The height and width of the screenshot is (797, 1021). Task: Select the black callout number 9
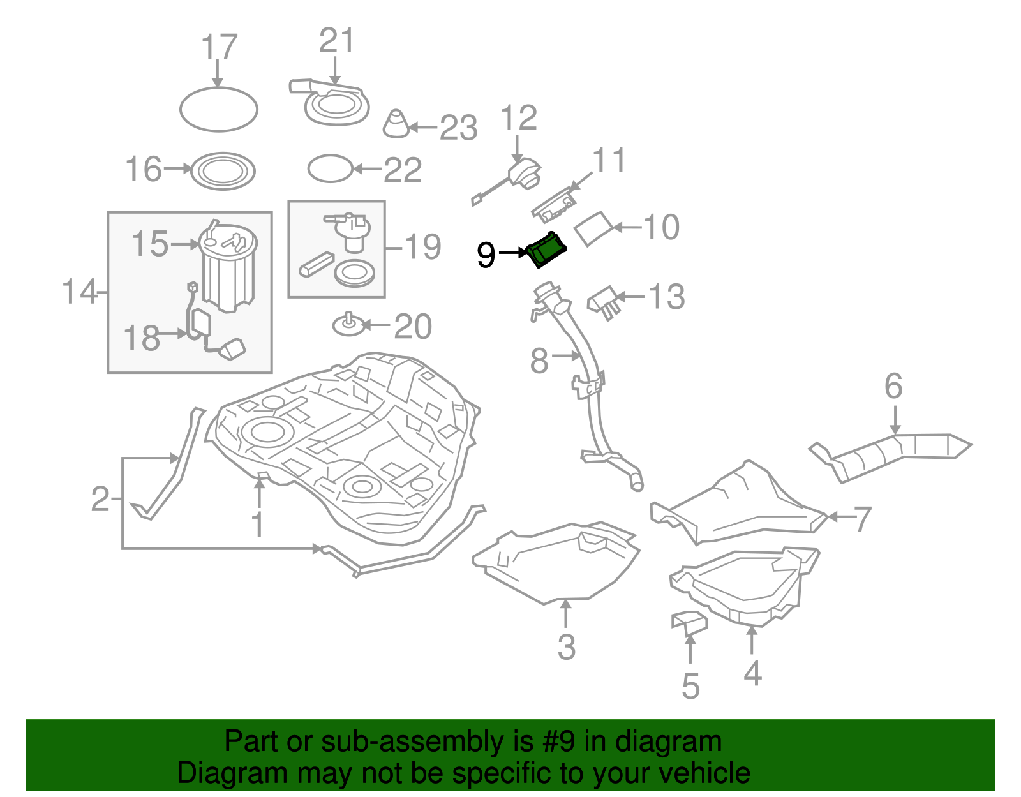point(486,255)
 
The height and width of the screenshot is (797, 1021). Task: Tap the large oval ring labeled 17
point(219,110)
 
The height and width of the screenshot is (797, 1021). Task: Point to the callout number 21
point(336,41)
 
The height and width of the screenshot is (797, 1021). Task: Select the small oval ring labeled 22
point(330,169)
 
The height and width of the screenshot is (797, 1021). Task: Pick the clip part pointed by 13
point(604,301)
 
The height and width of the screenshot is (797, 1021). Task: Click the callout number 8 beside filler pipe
point(539,361)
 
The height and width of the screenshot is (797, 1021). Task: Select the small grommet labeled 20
point(349,325)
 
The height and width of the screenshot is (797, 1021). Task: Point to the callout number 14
point(80,292)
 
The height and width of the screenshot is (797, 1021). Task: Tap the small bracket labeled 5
point(689,622)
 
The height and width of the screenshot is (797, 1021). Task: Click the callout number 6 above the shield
point(893,386)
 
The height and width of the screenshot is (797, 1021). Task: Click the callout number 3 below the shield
point(566,646)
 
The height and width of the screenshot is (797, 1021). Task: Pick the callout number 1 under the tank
point(258,525)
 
